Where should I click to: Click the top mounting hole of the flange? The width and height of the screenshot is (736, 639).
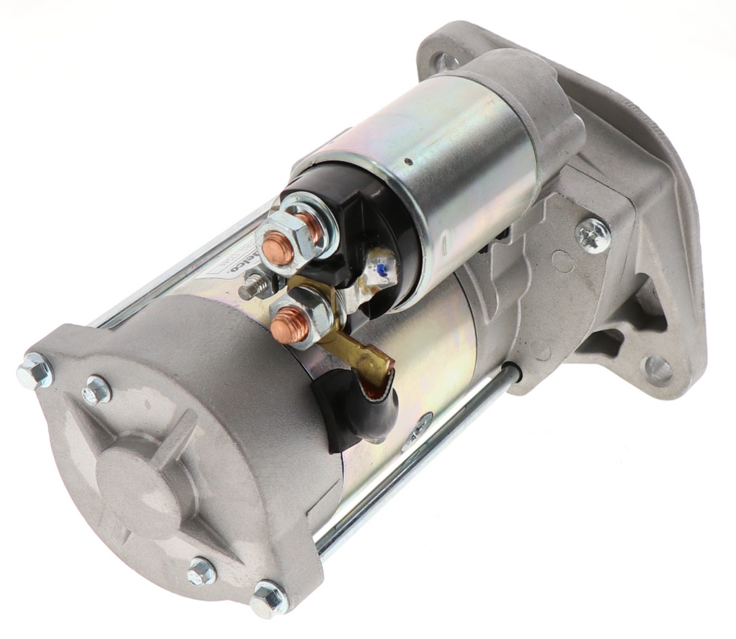click(x=445, y=61)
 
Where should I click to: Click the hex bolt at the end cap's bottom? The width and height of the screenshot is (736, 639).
click(x=268, y=598)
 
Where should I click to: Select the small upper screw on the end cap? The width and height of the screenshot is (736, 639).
click(x=97, y=390)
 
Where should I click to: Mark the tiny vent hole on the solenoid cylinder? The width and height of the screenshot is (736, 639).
click(x=408, y=163)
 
